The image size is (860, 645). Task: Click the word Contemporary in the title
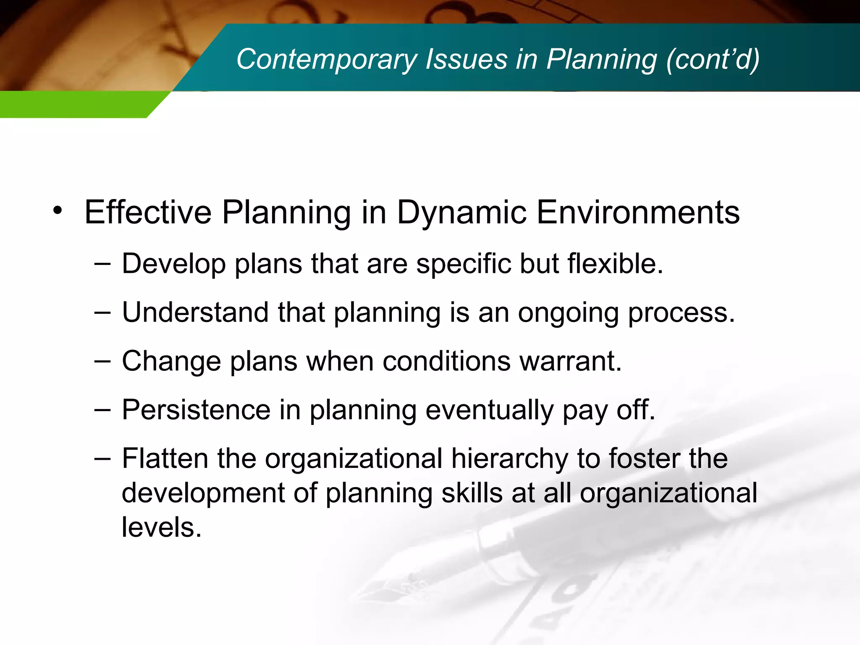[326, 60]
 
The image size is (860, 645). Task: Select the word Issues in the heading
[466, 59]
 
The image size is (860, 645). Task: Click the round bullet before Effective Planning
[58, 210]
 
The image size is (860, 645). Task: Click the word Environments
[638, 212]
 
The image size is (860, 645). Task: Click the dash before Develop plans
[102, 264]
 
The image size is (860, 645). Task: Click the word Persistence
[196, 410]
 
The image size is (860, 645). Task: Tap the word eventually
[489, 411]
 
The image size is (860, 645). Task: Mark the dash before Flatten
[102, 459]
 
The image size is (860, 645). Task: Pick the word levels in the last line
[161, 527]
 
